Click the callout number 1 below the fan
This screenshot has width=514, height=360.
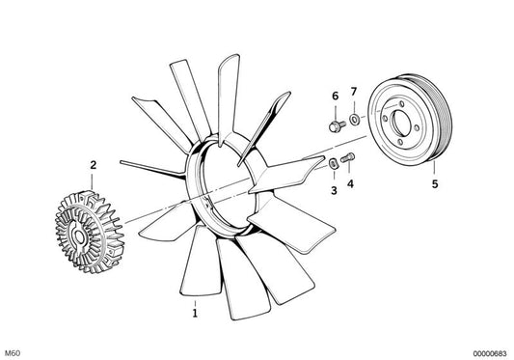pos(195,313)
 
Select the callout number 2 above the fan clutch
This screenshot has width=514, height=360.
pos(94,165)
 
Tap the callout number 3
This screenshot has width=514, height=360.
pos(334,190)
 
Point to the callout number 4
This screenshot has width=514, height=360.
pos(350,184)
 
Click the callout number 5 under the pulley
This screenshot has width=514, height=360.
pos(435,184)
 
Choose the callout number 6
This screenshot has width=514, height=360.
pos(335,96)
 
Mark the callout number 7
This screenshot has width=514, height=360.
pos(353,92)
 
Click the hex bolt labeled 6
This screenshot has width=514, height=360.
pos(337,126)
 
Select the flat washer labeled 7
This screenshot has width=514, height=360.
pos(354,119)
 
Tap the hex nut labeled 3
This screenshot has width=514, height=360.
pos(333,163)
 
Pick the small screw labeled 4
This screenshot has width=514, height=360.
pos(348,158)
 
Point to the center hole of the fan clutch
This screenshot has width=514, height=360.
pos(79,237)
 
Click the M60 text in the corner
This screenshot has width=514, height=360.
pos(14,353)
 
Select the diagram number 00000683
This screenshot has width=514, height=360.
pos(490,353)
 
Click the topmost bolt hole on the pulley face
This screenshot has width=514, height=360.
pos(400,103)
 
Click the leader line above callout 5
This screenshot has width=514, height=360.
pos(434,168)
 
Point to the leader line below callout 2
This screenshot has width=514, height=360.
pos(93,181)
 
